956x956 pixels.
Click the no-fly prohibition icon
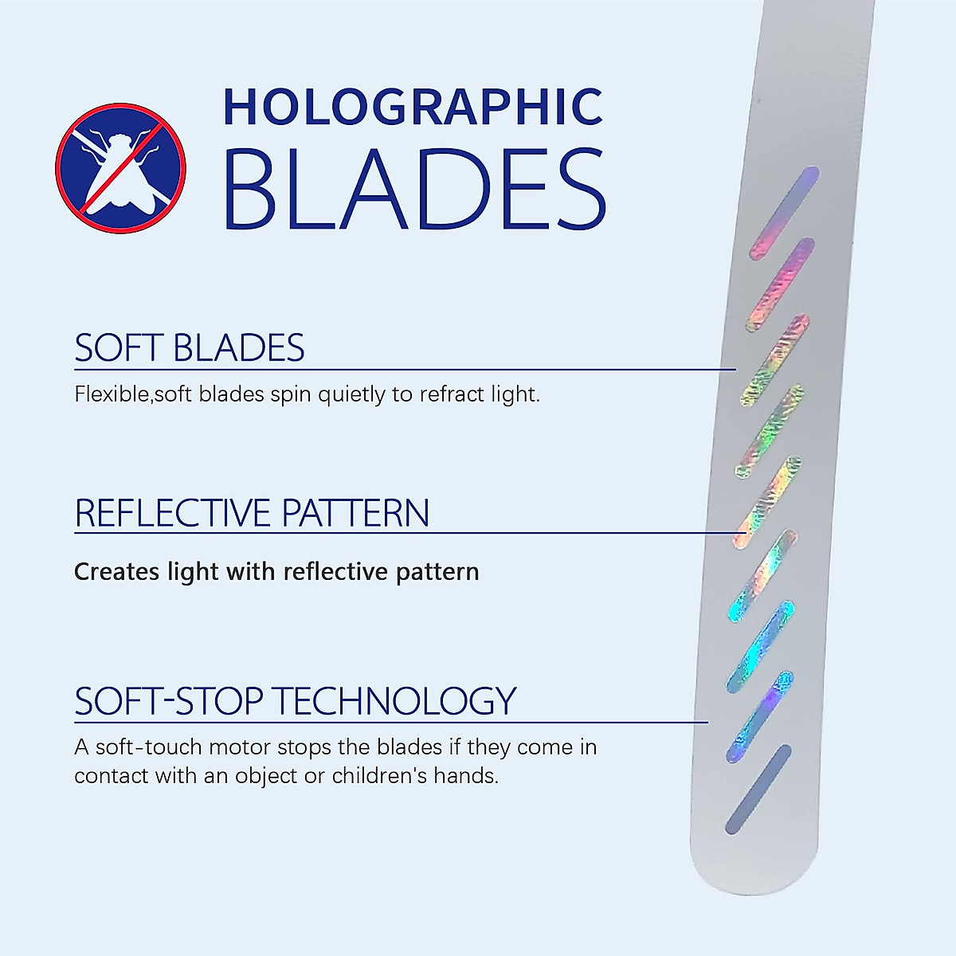[x=120, y=168]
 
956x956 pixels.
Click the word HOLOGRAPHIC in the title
[x=413, y=107]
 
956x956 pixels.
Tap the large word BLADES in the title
[x=415, y=189]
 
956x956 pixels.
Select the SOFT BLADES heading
[x=189, y=347]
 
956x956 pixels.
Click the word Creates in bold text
[x=116, y=571]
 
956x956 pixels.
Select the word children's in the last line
[x=379, y=776]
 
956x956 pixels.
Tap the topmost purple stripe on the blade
[x=784, y=213]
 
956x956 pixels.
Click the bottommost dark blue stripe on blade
[x=758, y=789]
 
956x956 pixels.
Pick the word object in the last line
[x=266, y=777]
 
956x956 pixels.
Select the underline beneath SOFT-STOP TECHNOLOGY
[x=391, y=723]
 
